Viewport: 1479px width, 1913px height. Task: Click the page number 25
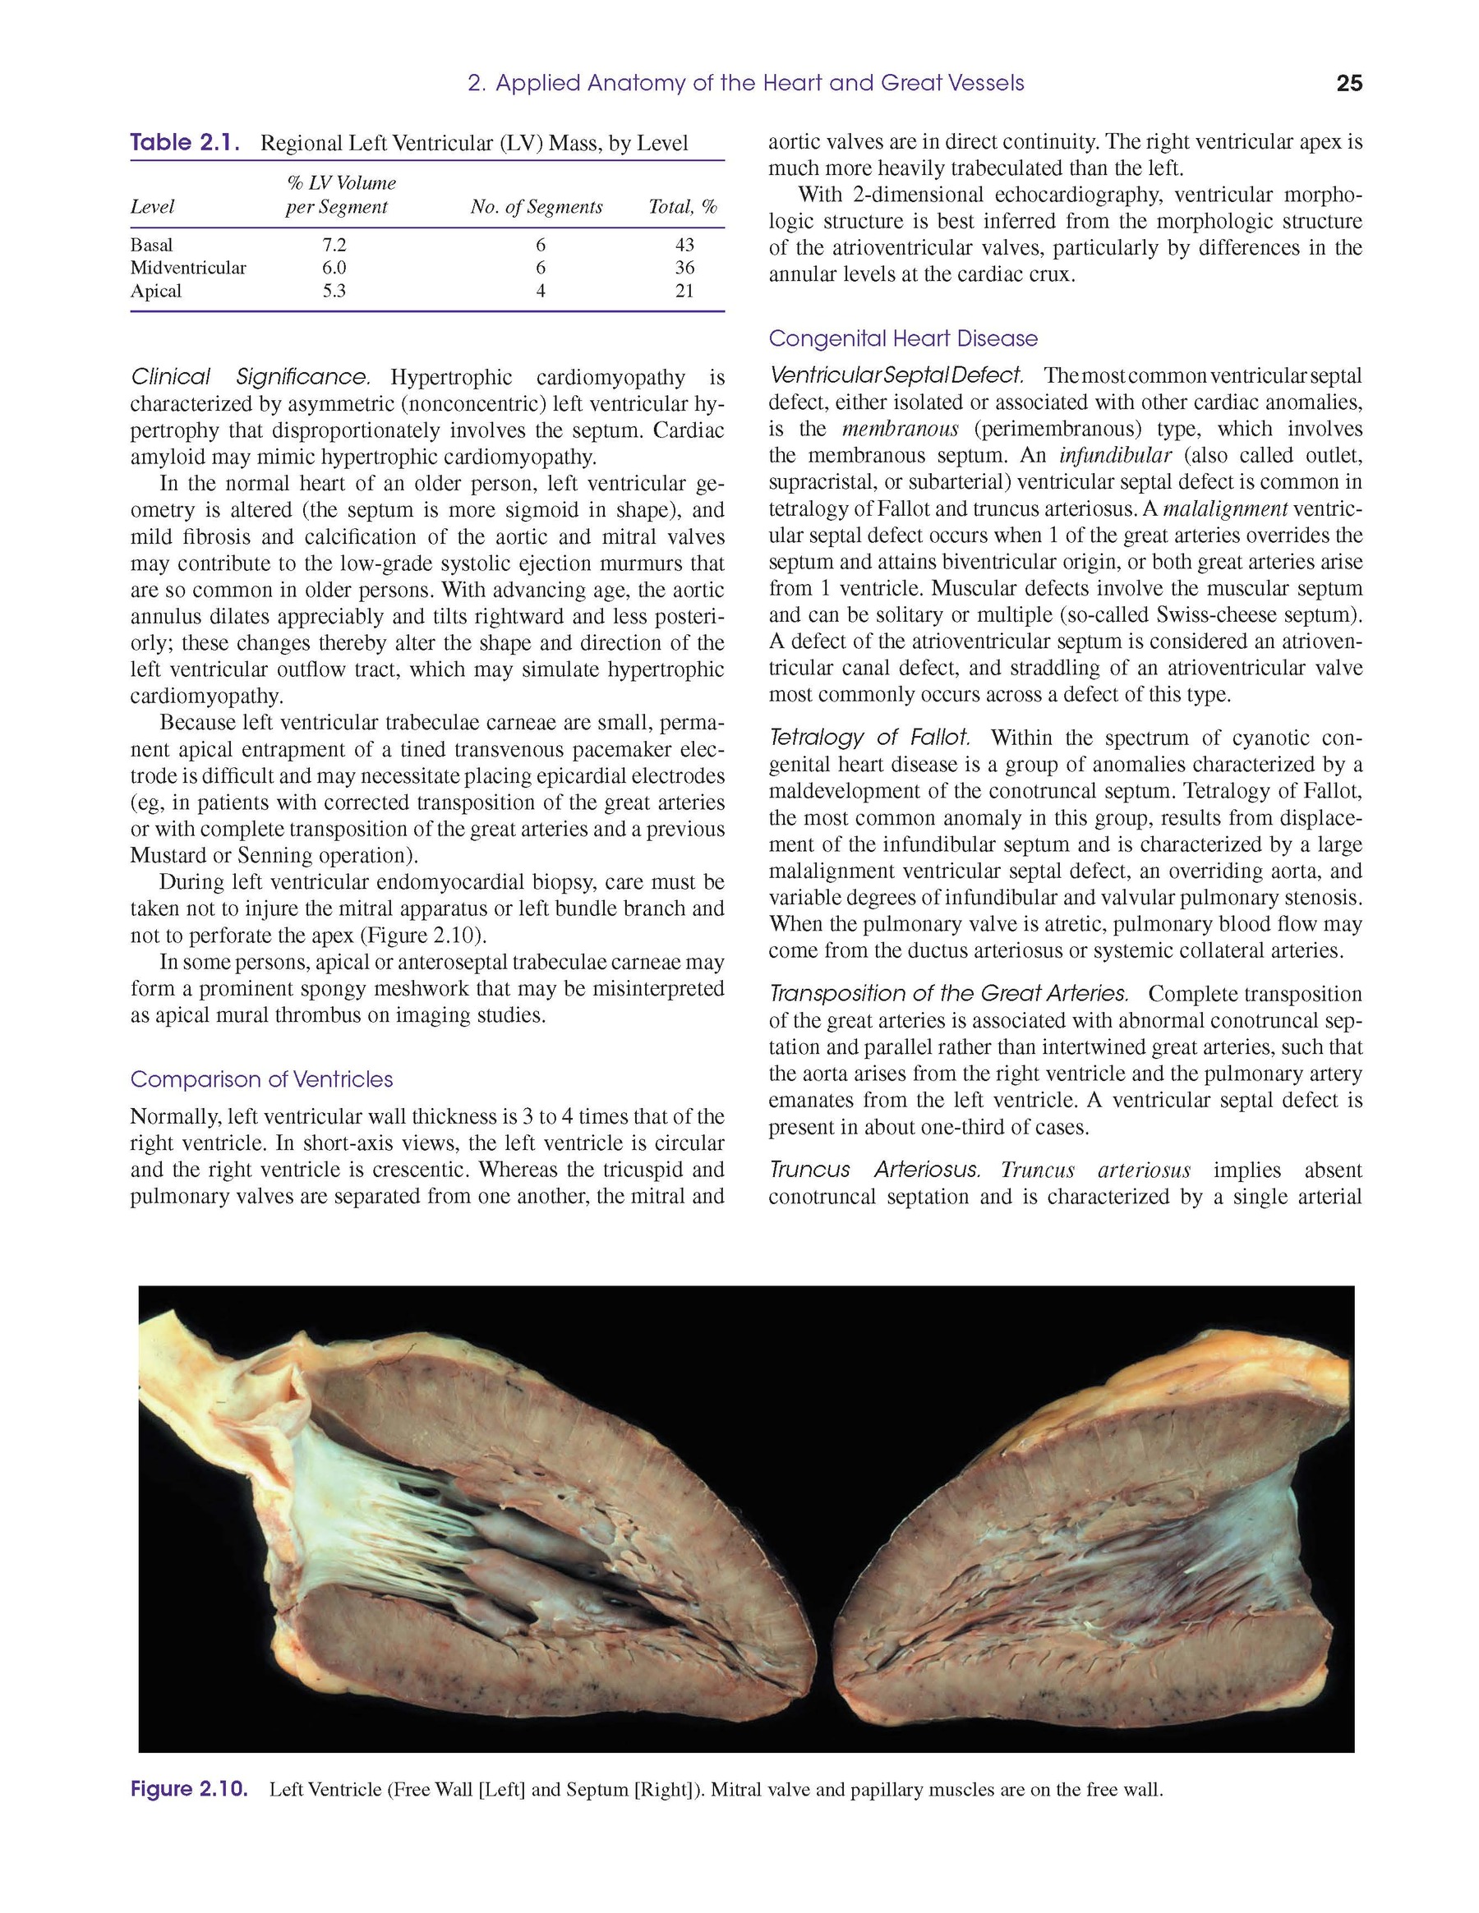tap(1349, 83)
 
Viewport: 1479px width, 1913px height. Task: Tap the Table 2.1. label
tap(185, 143)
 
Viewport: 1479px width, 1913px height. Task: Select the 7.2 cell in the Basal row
tap(334, 246)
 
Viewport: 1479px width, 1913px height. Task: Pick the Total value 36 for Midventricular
tap(684, 268)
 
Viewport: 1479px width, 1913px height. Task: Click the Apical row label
tap(156, 291)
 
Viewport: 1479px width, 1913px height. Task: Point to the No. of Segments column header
tap(537, 207)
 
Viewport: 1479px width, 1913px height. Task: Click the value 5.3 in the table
tap(334, 291)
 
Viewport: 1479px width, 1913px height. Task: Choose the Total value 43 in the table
tap(684, 246)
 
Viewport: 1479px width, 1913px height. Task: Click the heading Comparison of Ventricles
tap(261, 1079)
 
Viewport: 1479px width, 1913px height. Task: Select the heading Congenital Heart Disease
tap(902, 339)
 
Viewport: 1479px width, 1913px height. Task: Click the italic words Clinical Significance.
tap(251, 378)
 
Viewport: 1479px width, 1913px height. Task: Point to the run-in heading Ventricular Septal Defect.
tap(896, 375)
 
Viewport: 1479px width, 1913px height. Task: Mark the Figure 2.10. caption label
tap(188, 1790)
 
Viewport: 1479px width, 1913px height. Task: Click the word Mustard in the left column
tap(168, 856)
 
